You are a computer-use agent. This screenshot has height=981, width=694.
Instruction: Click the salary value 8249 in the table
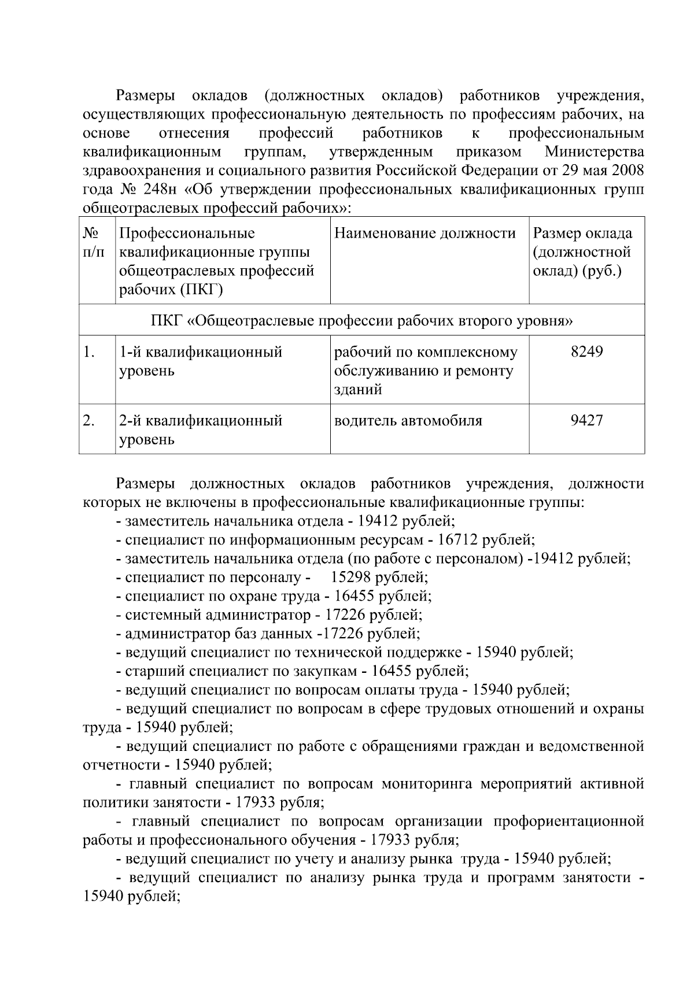tap(586, 351)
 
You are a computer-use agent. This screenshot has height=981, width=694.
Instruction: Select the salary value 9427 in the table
tap(586, 420)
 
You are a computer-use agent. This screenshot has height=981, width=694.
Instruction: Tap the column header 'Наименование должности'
tap(425, 234)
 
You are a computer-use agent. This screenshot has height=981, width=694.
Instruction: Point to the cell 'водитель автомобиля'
tap(408, 420)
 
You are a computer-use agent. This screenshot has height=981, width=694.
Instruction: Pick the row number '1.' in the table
tap(89, 351)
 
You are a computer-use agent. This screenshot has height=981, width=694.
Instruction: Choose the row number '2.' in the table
tap(89, 420)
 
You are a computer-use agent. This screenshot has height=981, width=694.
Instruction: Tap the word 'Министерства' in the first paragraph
tap(594, 152)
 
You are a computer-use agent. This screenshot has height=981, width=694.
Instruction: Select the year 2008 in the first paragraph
tap(627, 171)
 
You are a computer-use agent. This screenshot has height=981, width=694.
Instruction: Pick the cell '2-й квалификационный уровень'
tap(201, 430)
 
